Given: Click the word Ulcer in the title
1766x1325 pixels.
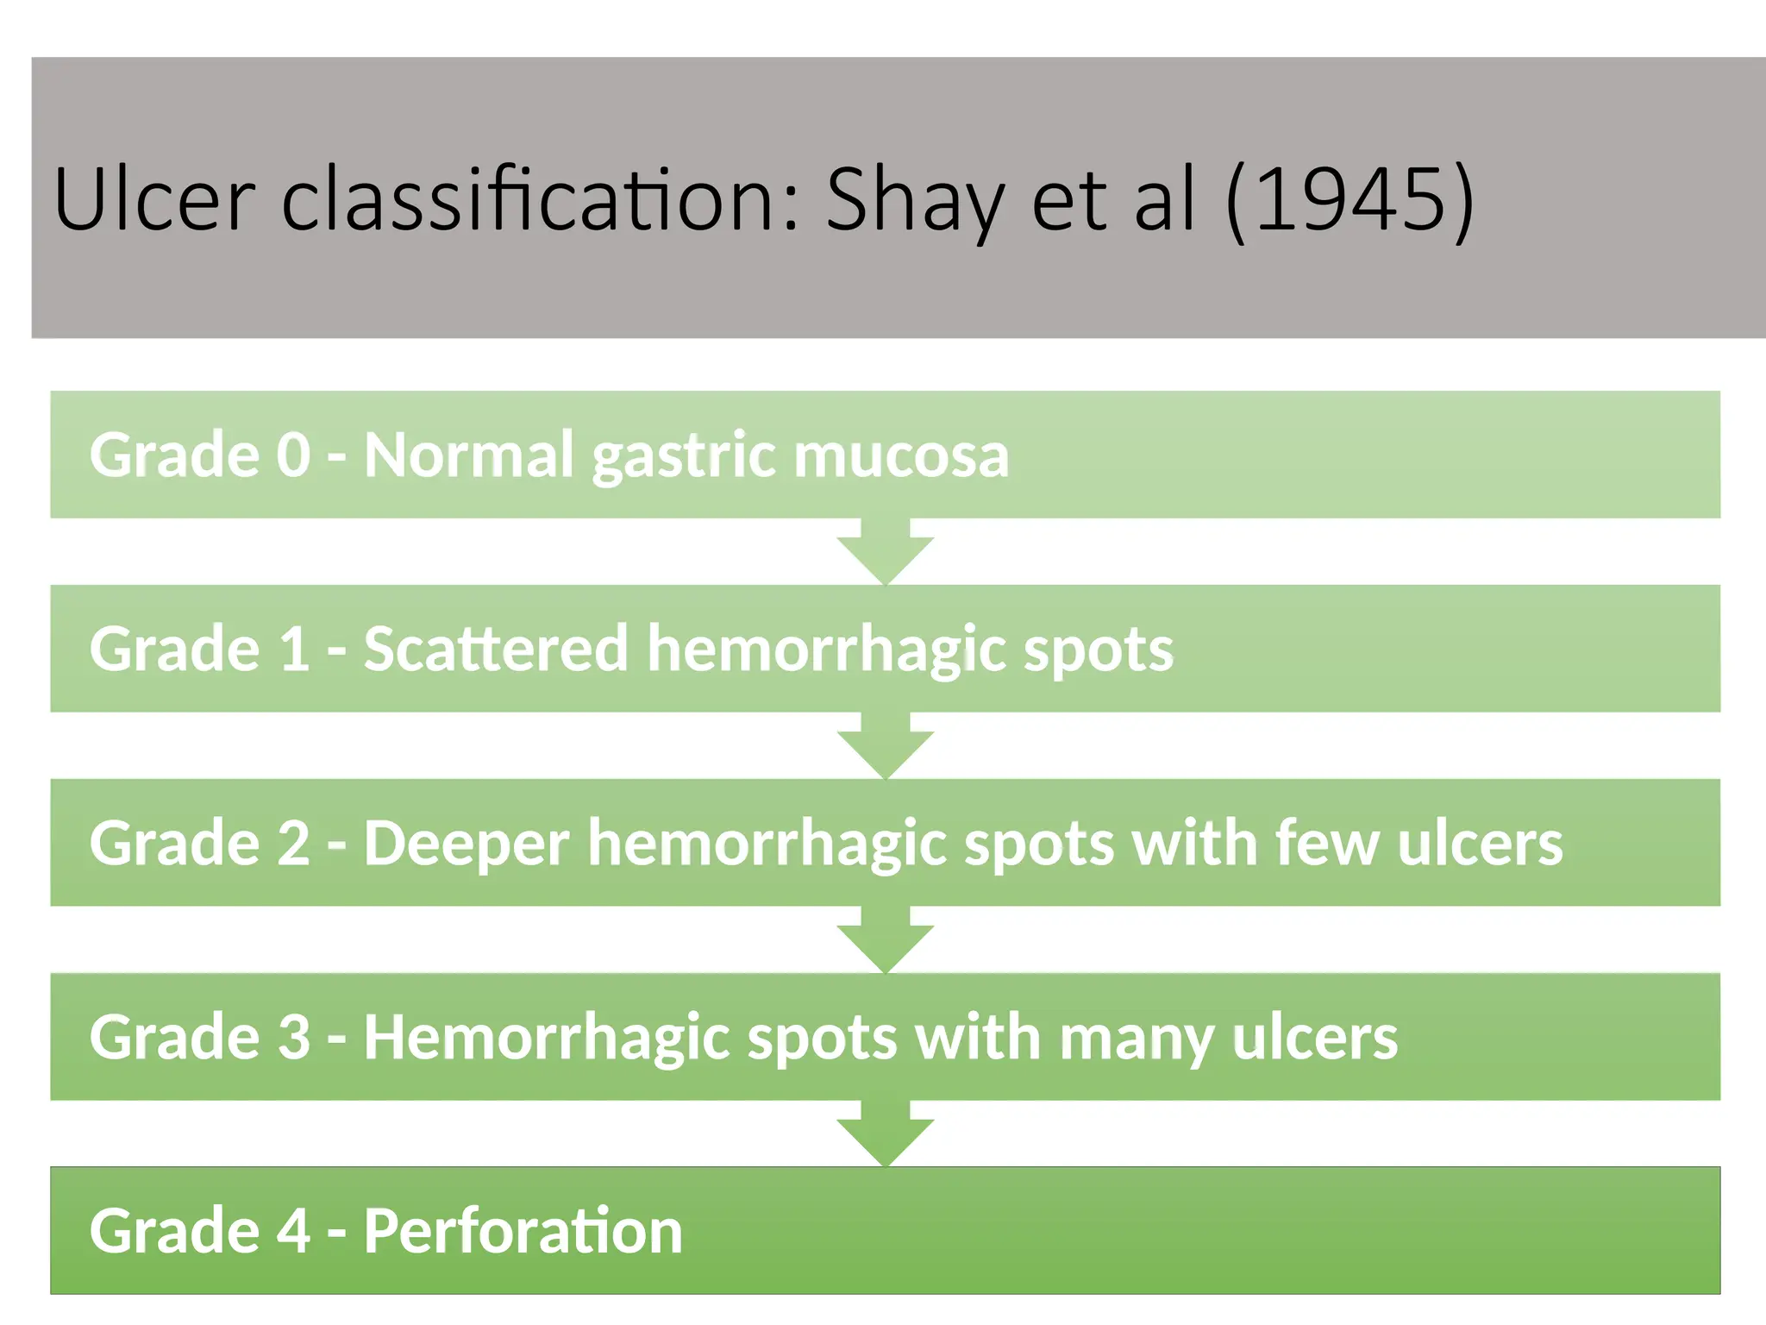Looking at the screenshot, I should click(154, 199).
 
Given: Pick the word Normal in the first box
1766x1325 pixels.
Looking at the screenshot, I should click(468, 455).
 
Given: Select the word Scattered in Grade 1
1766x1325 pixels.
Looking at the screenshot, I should click(496, 649).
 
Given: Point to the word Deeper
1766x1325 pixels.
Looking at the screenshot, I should click(467, 844).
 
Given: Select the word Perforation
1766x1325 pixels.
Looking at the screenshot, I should click(523, 1231).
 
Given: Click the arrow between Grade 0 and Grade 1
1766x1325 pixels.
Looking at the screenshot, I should click(886, 552).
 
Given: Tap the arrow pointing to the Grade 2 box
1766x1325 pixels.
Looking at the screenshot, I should click(886, 746).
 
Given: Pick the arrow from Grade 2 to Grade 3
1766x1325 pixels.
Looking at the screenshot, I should click(886, 940).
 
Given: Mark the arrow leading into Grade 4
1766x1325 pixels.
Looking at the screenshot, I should click(886, 1134).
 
